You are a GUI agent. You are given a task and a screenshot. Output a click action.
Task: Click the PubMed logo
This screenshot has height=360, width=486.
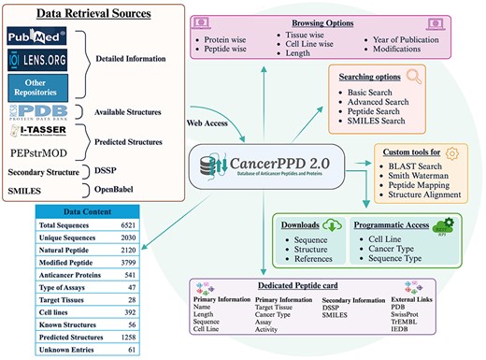(x=36, y=37)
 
